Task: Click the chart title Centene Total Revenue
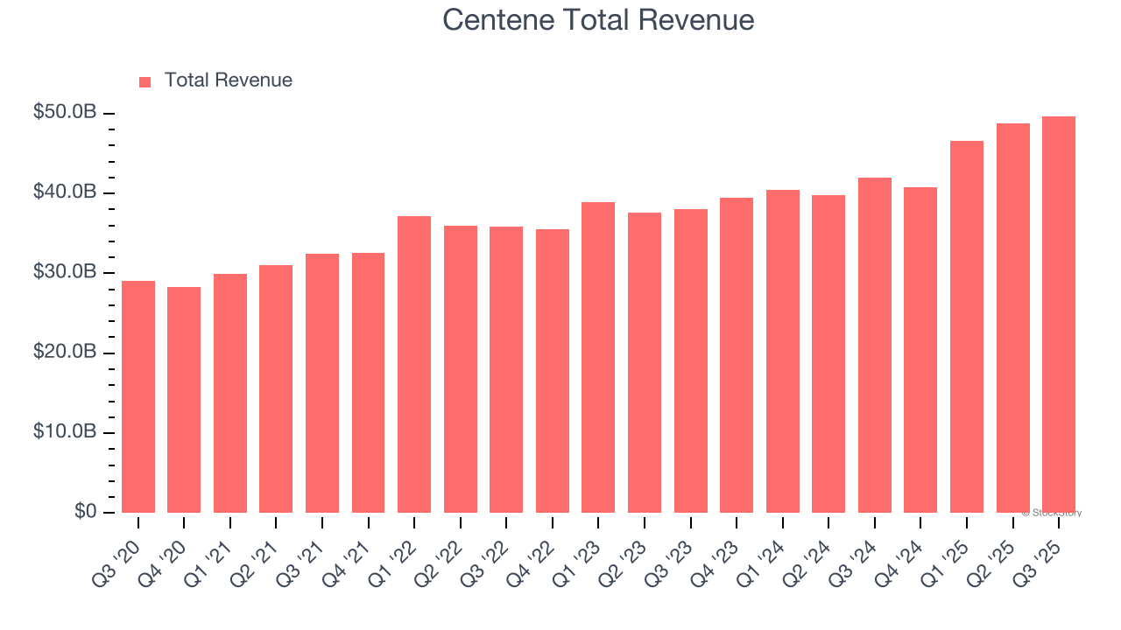click(598, 19)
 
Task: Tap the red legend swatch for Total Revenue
click(145, 81)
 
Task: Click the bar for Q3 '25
click(1059, 314)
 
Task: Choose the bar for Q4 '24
click(920, 350)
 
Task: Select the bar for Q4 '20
click(184, 400)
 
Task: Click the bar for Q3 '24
click(875, 345)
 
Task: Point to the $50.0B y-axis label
click(66, 112)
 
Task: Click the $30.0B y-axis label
click(66, 272)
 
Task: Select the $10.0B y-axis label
click(66, 432)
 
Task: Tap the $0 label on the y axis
click(86, 512)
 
